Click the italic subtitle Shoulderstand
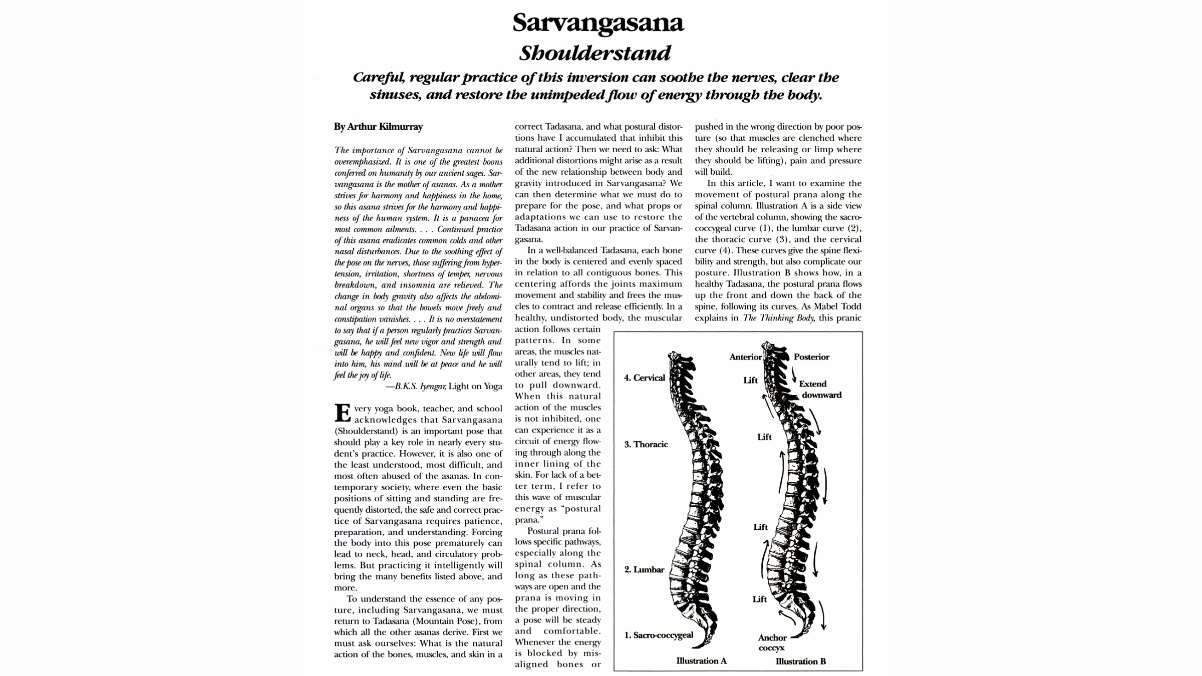click(594, 53)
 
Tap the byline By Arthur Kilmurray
click(378, 127)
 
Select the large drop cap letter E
click(343, 413)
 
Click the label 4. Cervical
click(644, 378)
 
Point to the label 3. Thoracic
click(646, 444)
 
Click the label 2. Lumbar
click(644, 569)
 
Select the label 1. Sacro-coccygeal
click(658, 635)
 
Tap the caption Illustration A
click(701, 660)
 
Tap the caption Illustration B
click(800, 661)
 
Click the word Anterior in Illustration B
click(745, 357)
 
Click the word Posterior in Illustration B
click(811, 357)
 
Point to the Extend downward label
click(820, 389)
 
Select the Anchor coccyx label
click(772, 642)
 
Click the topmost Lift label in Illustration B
click(750, 380)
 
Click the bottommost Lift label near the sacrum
click(759, 599)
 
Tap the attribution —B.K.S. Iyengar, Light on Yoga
click(443, 386)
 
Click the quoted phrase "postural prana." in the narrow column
click(557, 514)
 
